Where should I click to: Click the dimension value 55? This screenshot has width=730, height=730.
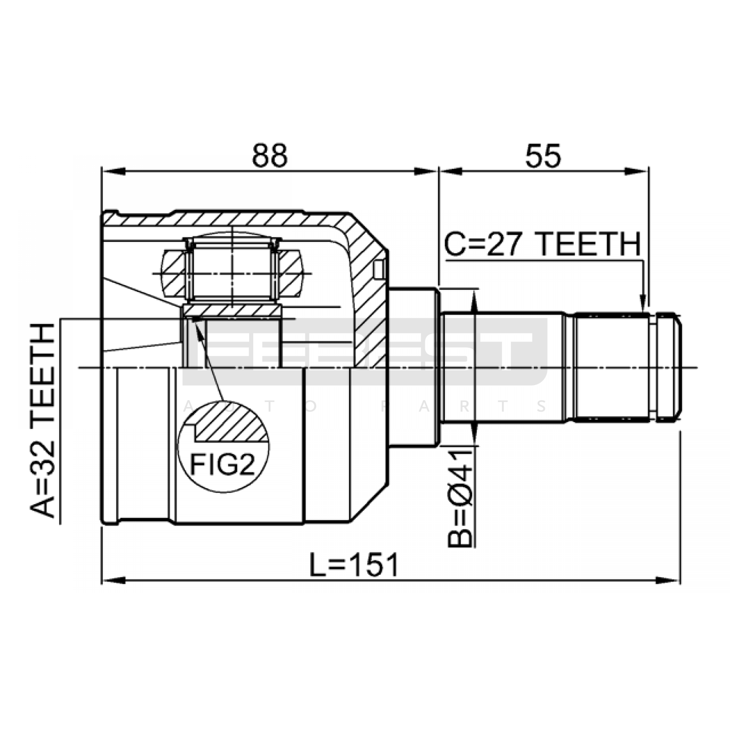coord(543,156)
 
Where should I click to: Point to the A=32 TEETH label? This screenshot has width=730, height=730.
coord(43,420)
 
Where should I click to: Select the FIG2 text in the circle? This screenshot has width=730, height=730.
coord(222,465)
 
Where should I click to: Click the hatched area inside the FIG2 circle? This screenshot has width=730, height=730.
coord(231,422)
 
